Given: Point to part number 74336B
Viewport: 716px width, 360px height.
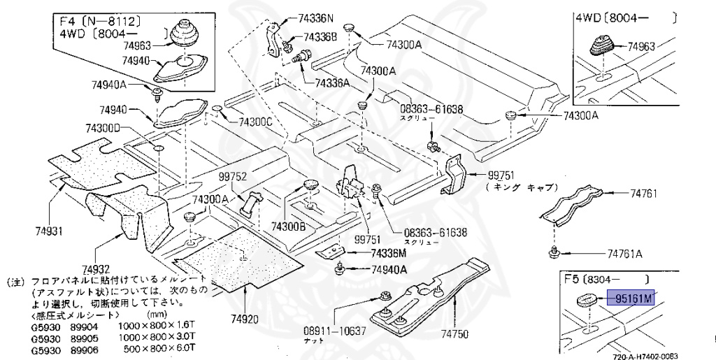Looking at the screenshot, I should (x=320, y=36).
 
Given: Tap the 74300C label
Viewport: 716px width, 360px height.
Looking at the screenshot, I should (x=255, y=122).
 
